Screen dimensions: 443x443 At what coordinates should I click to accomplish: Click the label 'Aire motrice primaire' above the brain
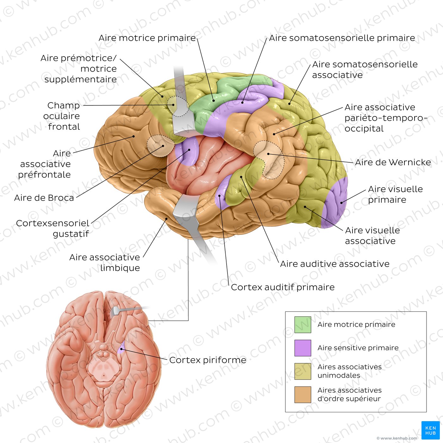(147, 38)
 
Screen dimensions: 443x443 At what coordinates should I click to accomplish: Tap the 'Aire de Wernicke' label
(393, 162)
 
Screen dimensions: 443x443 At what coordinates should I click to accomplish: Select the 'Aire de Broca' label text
(44, 198)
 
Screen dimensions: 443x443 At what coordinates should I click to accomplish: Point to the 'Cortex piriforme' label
(208, 360)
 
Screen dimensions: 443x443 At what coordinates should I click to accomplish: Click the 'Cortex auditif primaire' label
(283, 287)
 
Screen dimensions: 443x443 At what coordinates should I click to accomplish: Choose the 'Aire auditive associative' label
(335, 264)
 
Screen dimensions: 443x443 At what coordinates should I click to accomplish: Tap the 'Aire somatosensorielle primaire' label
(342, 38)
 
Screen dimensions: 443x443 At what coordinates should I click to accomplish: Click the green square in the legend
(303, 325)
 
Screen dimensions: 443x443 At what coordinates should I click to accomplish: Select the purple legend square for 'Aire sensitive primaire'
(303, 348)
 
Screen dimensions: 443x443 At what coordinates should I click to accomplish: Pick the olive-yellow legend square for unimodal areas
(303, 371)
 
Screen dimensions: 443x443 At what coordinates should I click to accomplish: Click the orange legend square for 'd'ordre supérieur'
(303, 395)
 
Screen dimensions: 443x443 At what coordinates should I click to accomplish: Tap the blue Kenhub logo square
(430, 430)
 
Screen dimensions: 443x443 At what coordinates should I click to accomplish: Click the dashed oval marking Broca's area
(160, 146)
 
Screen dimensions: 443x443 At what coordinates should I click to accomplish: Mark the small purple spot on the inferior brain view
(121, 350)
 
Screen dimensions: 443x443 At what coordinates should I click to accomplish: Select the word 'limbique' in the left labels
(120, 268)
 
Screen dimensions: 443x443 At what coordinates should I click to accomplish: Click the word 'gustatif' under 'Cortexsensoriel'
(71, 234)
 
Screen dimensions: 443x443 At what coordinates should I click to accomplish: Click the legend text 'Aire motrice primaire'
(356, 325)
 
